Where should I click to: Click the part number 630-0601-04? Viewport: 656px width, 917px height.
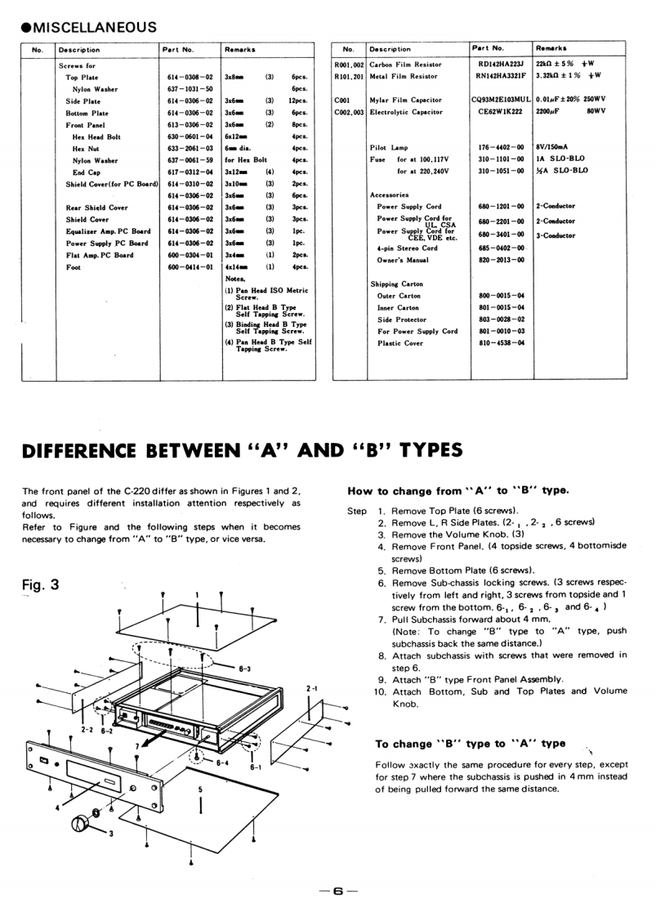pyautogui.click(x=190, y=136)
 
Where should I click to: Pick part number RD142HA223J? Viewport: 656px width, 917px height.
pyautogui.click(x=500, y=65)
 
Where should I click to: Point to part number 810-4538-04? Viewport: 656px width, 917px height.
pyautogui.click(x=501, y=343)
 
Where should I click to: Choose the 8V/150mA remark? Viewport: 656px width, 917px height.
pyautogui.click(x=551, y=148)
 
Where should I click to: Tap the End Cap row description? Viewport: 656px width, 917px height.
pyautogui.click(x=86, y=172)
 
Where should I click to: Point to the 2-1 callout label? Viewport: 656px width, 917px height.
pyautogui.click(x=311, y=690)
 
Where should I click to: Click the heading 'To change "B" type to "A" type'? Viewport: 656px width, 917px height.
pyautogui.click(x=470, y=744)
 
